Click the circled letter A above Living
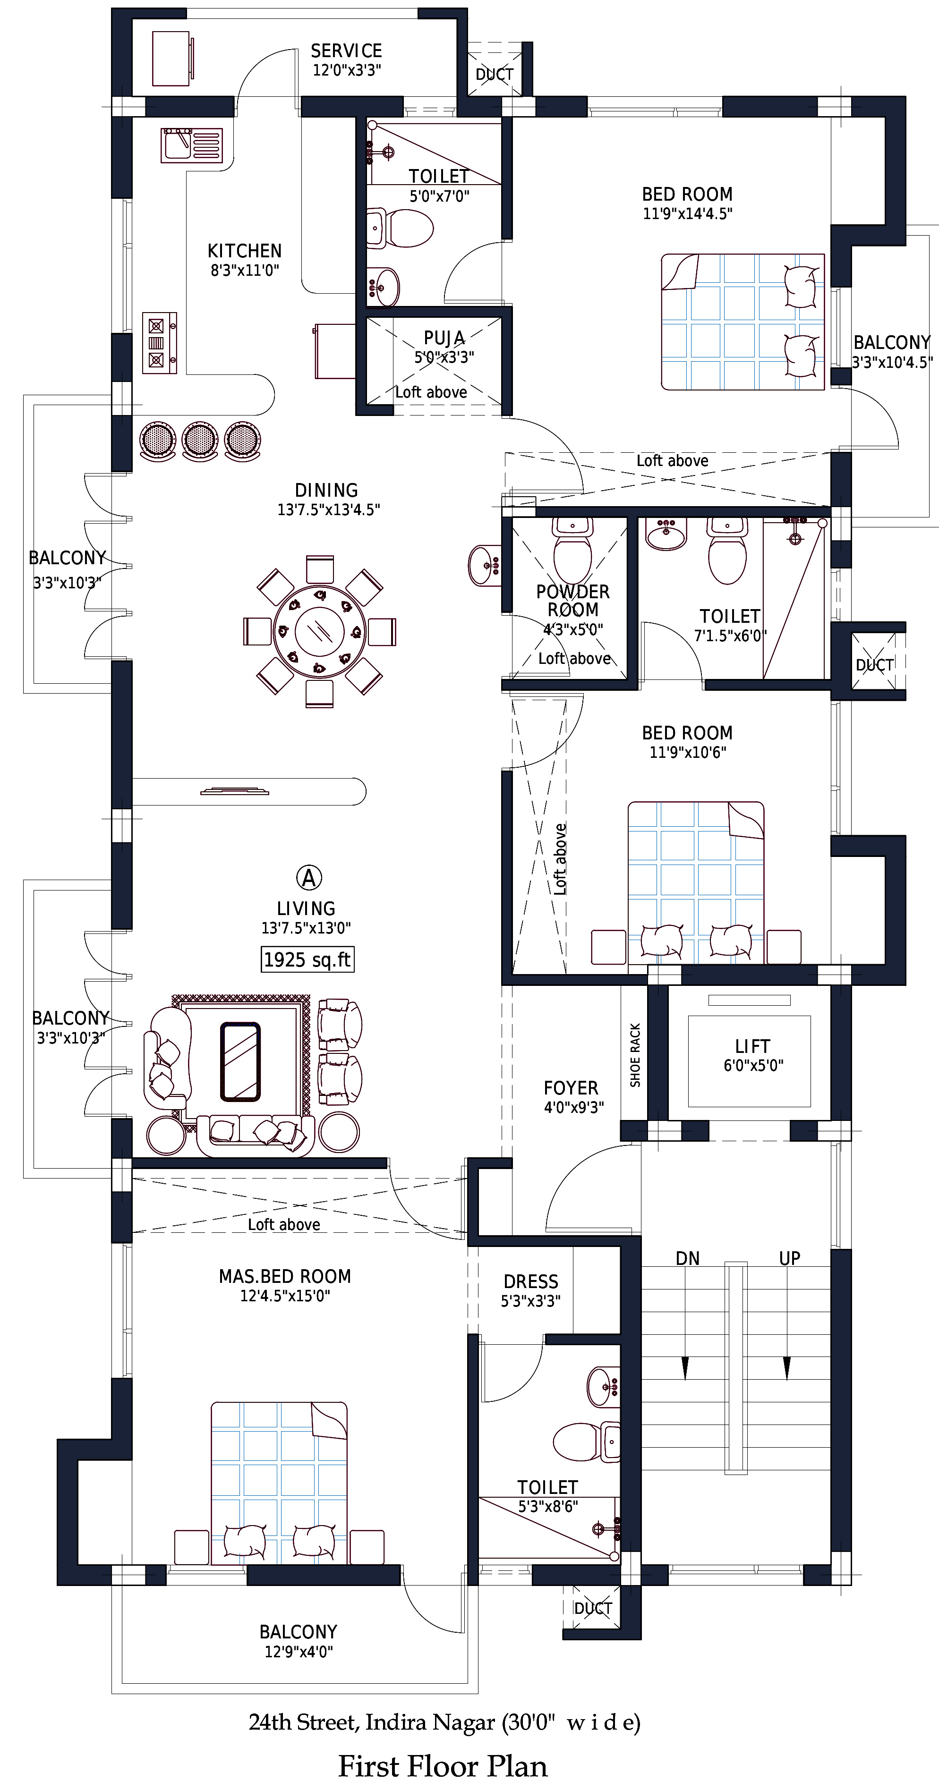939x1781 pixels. click(309, 878)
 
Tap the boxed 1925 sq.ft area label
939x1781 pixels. click(307, 959)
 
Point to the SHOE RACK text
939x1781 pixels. click(635, 1055)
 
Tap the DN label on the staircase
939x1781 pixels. click(687, 1258)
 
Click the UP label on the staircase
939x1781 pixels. click(790, 1258)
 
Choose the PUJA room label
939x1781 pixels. click(444, 338)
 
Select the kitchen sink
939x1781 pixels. click(192, 145)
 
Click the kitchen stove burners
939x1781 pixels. click(159, 343)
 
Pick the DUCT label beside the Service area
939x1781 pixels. click(495, 74)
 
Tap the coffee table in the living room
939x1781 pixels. click(240, 1061)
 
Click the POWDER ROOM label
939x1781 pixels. click(573, 601)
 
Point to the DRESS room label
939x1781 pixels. click(530, 1281)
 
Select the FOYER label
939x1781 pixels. click(571, 1087)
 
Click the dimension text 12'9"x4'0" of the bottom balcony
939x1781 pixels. click(299, 1652)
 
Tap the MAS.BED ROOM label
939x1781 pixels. click(285, 1276)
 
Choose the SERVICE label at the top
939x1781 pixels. click(346, 51)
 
